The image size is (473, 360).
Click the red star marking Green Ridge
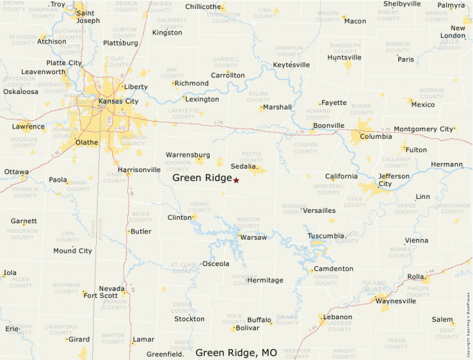point(236,180)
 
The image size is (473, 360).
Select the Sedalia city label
point(244,167)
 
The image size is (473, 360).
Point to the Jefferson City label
point(395,180)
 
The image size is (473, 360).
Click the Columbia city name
point(375,136)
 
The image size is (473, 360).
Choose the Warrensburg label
point(188,154)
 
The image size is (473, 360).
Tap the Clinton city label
point(179,218)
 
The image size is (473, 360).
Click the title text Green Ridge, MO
point(236,352)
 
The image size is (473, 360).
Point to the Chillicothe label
point(205,7)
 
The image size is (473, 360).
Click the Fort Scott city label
point(101,296)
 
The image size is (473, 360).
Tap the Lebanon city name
point(337,316)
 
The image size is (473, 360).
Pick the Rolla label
point(415,276)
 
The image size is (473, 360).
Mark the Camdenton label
point(333,269)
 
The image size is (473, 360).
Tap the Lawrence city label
point(28,126)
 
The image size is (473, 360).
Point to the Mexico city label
point(423,104)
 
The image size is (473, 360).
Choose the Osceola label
point(215,263)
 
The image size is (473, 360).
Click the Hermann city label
point(447,164)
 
